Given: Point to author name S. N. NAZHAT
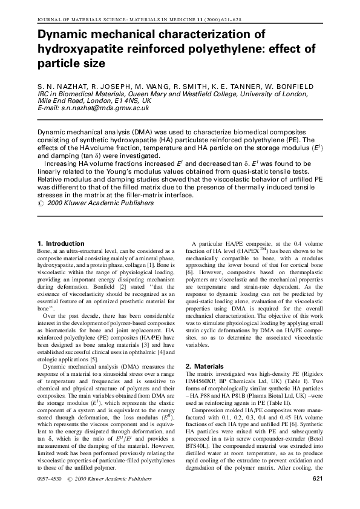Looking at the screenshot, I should (61, 87).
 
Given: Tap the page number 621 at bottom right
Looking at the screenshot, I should (319, 479).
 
